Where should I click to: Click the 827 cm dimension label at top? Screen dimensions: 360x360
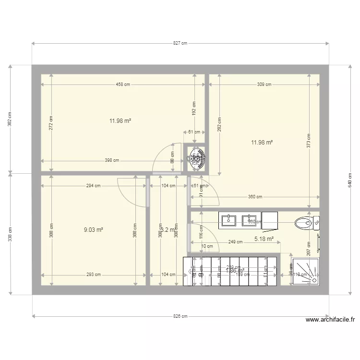180,43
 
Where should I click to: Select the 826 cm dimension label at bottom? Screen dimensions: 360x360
180,316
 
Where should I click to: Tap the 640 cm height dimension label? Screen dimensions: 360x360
350,180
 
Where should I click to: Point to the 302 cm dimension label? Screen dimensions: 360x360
10,119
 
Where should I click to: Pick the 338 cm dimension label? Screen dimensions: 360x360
10,234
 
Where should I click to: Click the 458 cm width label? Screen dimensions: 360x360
123,84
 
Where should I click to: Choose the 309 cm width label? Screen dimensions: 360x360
264,84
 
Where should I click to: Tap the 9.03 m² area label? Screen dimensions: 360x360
94,230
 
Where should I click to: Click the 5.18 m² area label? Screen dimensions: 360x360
264,239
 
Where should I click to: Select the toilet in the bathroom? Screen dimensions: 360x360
306,222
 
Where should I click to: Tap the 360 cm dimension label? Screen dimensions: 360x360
255,197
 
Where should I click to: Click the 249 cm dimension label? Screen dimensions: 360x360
235,242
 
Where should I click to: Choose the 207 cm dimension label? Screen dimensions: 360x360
309,248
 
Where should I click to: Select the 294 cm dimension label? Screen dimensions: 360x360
94,185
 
